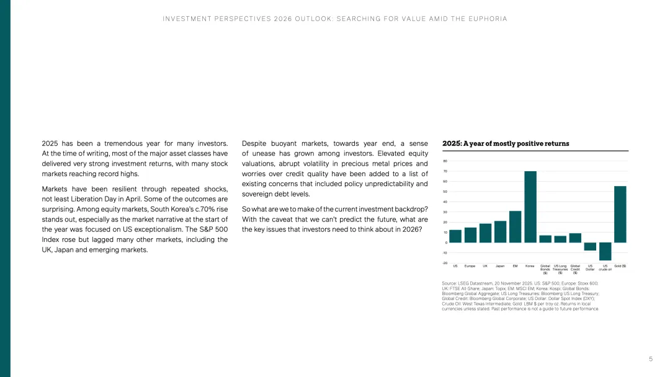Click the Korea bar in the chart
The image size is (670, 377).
click(x=530, y=206)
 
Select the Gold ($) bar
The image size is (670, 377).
click(x=620, y=214)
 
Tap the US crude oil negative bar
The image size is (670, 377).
click(x=605, y=251)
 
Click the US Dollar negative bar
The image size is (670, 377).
click(x=590, y=246)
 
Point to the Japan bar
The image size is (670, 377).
click(x=500, y=231)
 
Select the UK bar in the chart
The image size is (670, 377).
click(x=485, y=233)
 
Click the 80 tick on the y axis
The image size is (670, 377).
click(x=445, y=161)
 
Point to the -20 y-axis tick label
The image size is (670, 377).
click(x=445, y=263)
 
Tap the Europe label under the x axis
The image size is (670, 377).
click(x=470, y=266)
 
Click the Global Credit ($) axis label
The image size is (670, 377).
click(x=575, y=269)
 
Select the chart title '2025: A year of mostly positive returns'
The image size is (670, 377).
click(x=506, y=144)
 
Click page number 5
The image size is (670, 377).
click(x=651, y=359)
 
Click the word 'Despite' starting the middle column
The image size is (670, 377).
click(x=254, y=144)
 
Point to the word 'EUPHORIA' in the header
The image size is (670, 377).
click(x=488, y=19)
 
